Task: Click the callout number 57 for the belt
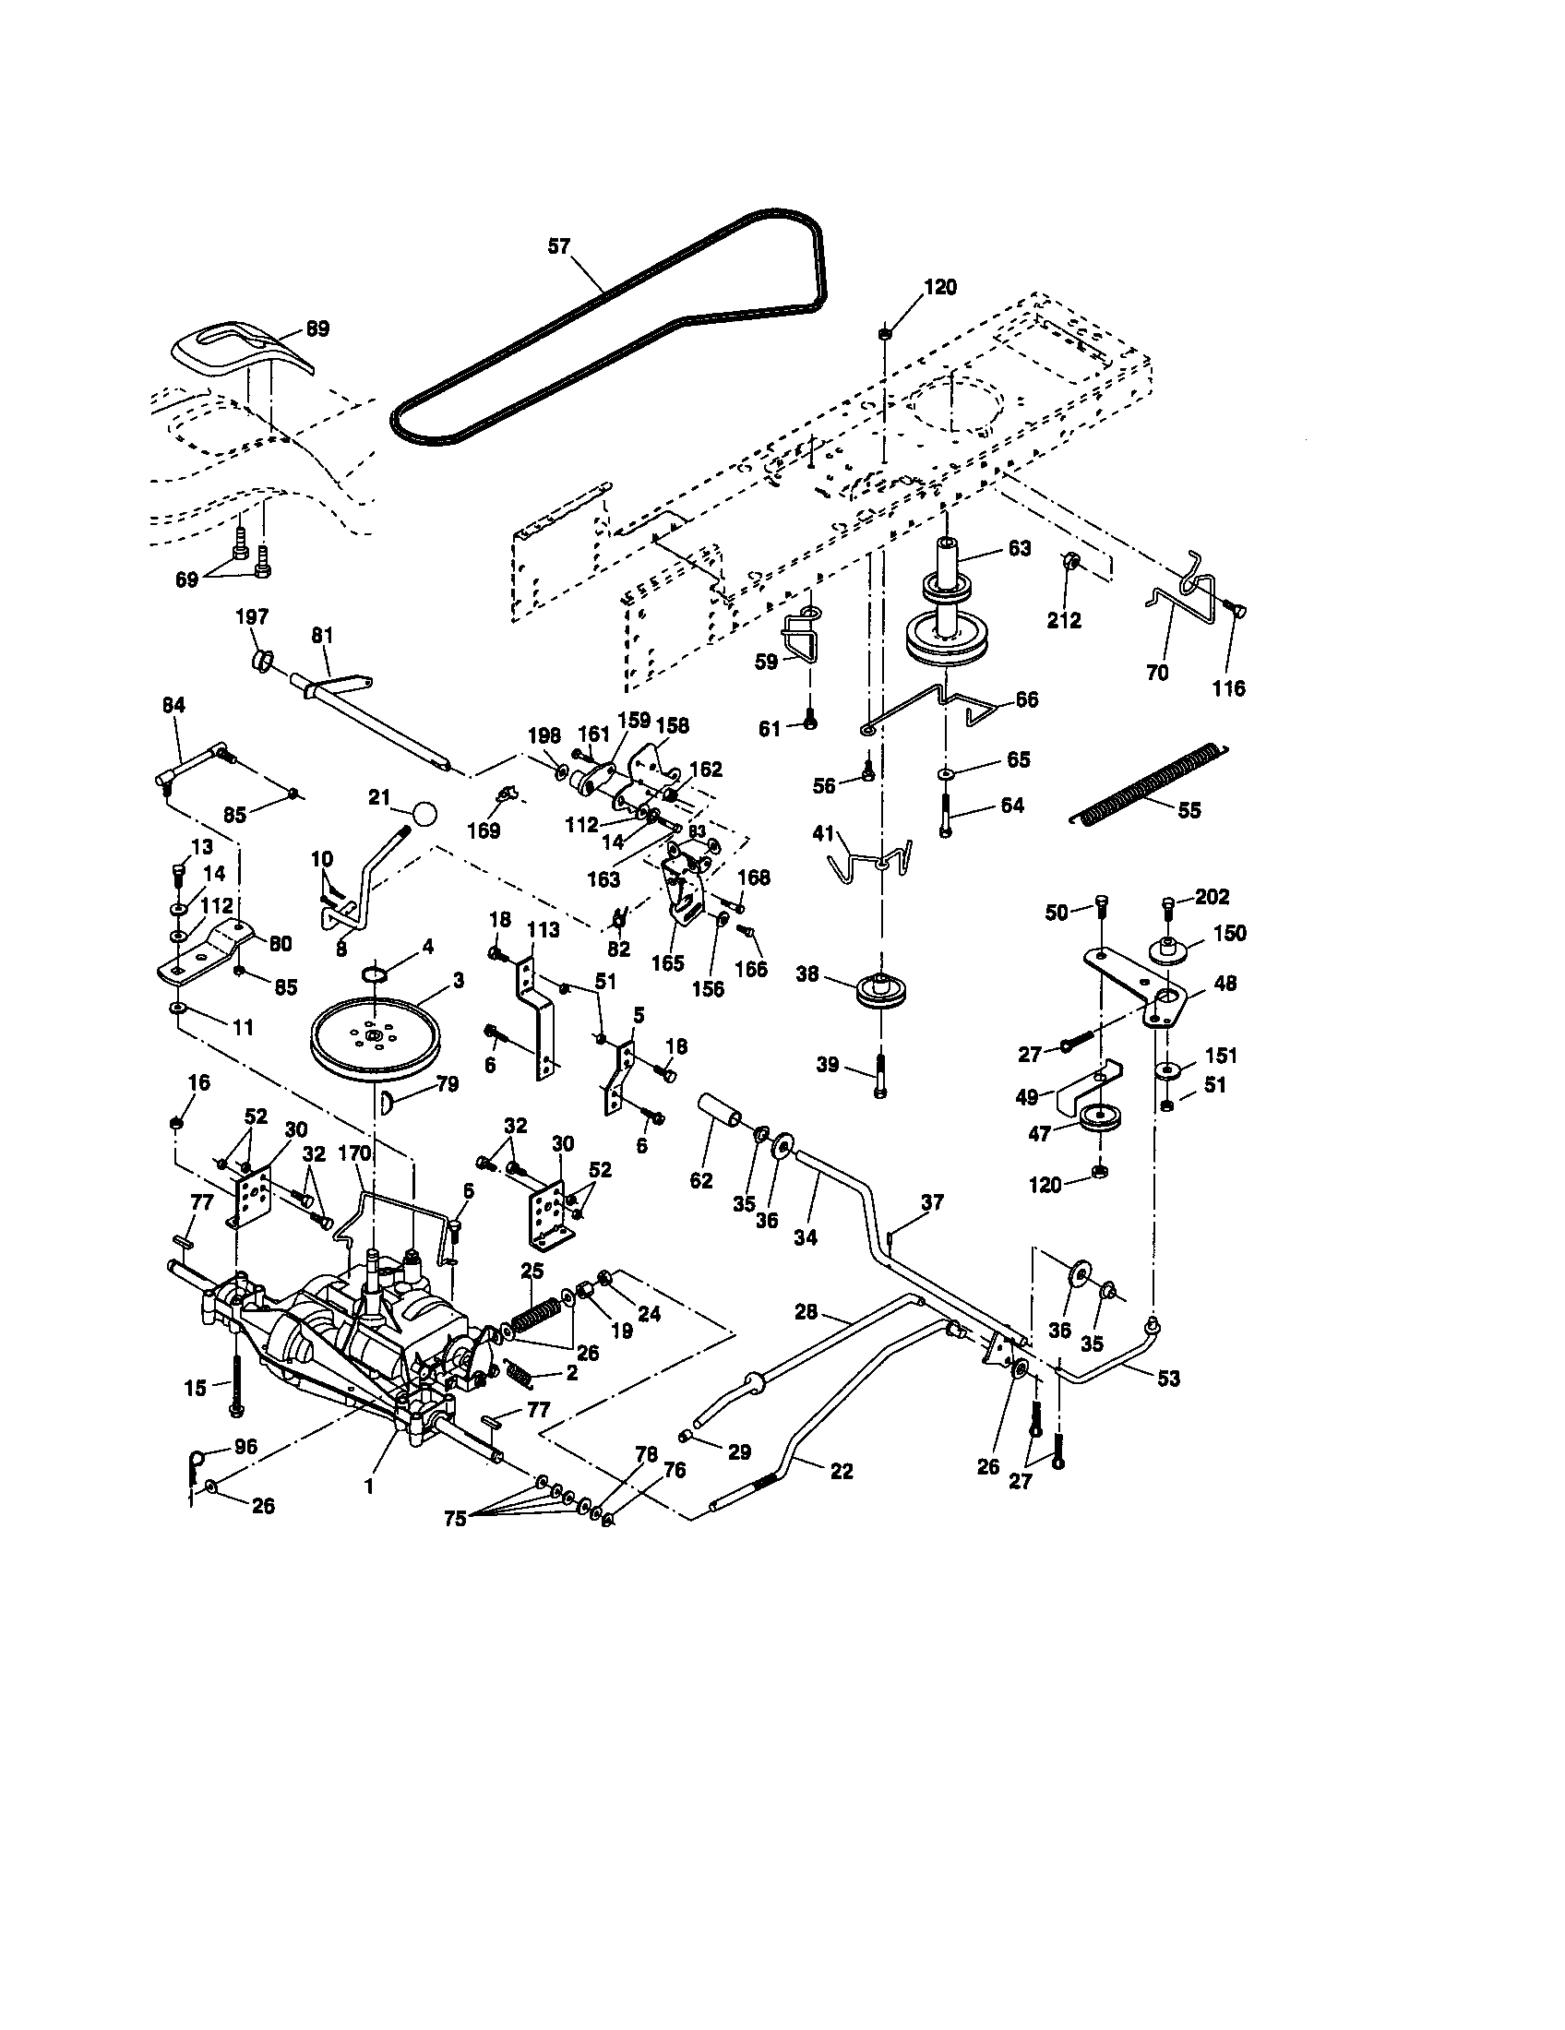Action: click(558, 246)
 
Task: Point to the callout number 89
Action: click(317, 329)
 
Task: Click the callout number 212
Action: click(1063, 620)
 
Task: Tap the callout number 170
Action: click(355, 1154)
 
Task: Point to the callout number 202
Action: click(1212, 897)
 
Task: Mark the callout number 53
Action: click(1168, 1378)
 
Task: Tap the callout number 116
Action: click(1228, 688)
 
